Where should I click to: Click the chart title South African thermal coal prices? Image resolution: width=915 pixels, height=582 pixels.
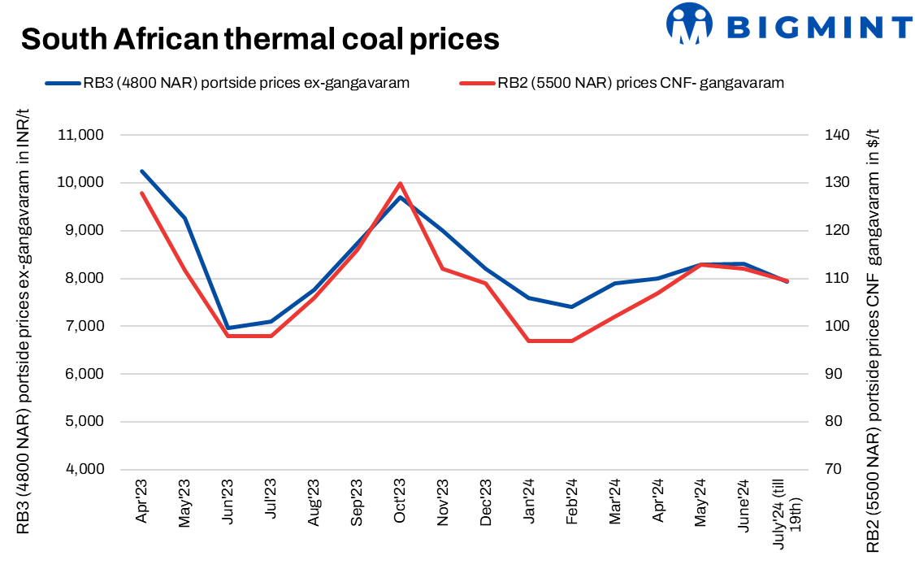pyautogui.click(x=259, y=38)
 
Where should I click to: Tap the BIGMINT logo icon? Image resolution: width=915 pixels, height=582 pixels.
pyautogui.click(x=689, y=24)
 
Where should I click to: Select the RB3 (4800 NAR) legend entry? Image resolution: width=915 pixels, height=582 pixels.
pyautogui.click(x=227, y=82)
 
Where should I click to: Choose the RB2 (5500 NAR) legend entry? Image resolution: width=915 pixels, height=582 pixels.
pyautogui.click(x=622, y=82)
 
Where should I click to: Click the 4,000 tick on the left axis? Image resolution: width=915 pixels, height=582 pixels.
pyautogui.click(x=84, y=470)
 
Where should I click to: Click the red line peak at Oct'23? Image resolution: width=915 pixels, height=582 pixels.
pyautogui.click(x=400, y=183)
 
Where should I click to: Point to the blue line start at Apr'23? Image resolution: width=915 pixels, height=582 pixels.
pyautogui.click(x=142, y=172)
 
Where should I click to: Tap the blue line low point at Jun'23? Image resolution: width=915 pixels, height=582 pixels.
pyautogui.click(x=228, y=328)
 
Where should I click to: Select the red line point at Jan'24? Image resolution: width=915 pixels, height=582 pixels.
pyautogui.click(x=529, y=341)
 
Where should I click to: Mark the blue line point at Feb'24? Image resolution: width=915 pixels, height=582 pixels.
pyautogui.click(x=572, y=306)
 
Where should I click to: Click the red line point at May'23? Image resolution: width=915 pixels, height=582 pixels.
pyautogui.click(x=185, y=269)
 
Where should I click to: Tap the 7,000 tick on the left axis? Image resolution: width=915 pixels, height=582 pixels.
pyautogui.click(x=84, y=327)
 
